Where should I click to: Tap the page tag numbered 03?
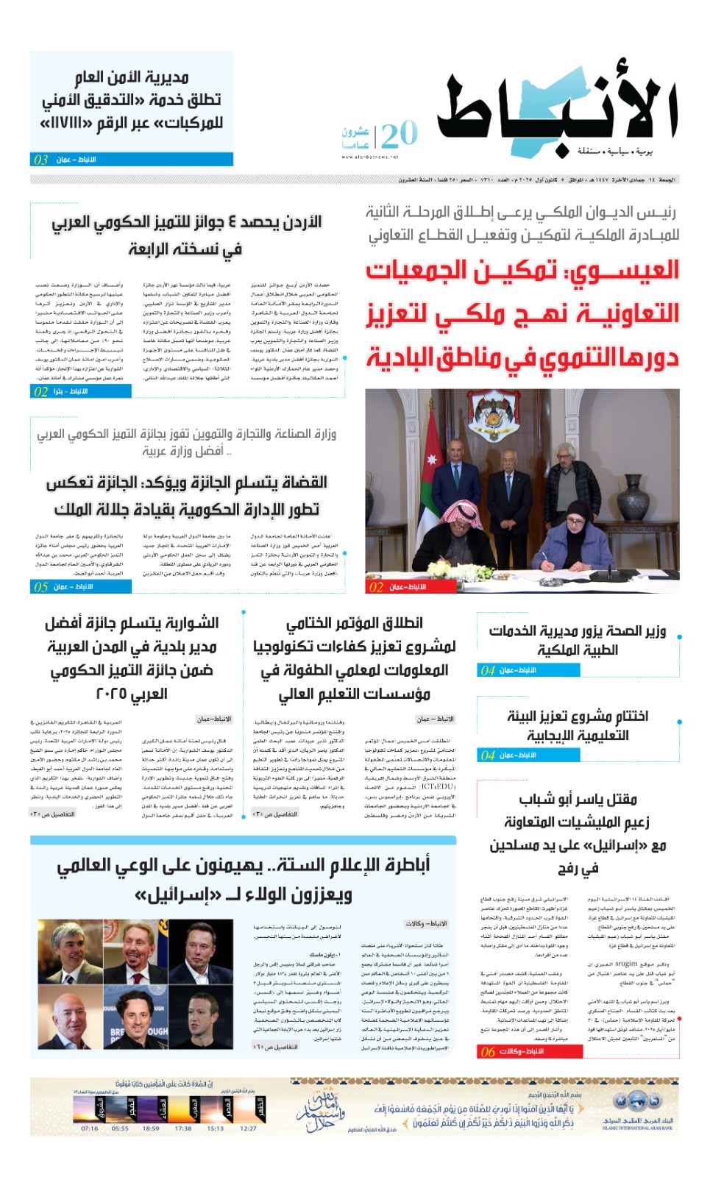pos(41,160)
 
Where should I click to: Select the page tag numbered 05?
pos(41,587)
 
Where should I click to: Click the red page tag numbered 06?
pos(488,1052)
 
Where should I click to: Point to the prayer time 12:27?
pos(249,1128)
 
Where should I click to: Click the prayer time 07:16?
pos(89,1128)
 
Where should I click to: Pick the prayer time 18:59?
pos(151,1128)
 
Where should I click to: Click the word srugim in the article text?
pos(626,963)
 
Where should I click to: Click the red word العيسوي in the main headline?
pos(624,271)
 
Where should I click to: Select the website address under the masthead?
pos(369,157)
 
